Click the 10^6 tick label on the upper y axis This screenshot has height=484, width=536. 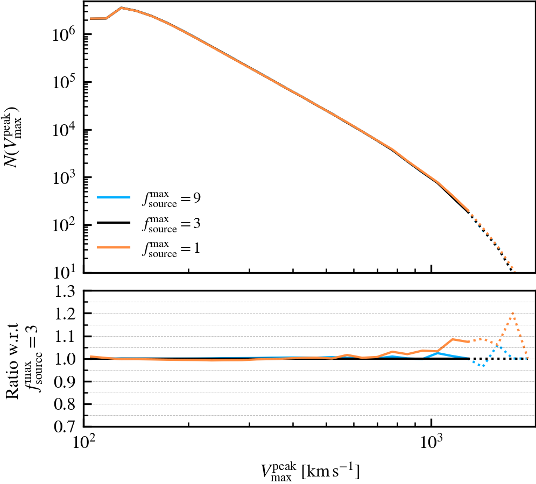tap(65, 35)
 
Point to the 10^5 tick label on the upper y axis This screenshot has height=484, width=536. tap(65, 82)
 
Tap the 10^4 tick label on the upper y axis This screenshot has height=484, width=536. tap(65, 130)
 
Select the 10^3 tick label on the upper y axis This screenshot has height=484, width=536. tap(65, 177)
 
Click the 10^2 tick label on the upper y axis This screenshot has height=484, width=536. tap(65, 225)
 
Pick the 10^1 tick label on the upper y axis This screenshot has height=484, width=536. tap(65, 272)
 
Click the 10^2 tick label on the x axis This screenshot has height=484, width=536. tap(83, 444)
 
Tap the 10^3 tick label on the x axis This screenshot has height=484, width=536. tap(432, 444)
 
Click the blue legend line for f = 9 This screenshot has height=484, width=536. tap(114, 197)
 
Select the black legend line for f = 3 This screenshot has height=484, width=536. tap(114, 222)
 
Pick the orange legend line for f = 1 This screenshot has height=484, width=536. tap(114, 247)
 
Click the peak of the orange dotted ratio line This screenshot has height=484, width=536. tap(513, 313)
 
